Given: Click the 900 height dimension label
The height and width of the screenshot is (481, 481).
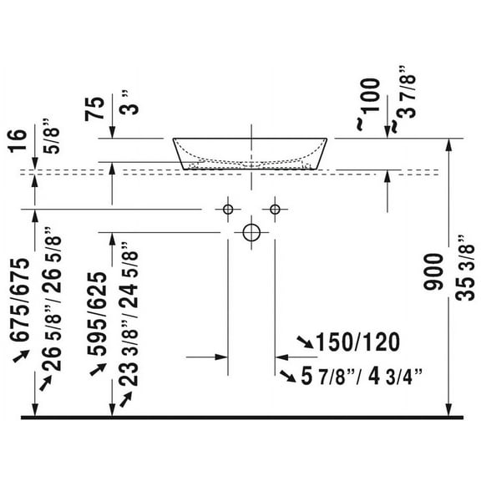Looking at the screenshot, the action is tap(433, 271).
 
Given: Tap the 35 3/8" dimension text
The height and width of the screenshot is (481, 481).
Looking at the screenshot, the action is tap(465, 268).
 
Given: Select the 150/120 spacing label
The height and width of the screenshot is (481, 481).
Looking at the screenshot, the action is tap(358, 342).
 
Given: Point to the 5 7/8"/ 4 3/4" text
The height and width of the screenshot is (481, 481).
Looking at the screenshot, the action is tap(362, 376).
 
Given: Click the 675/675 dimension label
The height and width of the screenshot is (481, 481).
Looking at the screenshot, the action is tap(20, 300).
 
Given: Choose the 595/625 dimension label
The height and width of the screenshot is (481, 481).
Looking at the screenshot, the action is tap(97, 314).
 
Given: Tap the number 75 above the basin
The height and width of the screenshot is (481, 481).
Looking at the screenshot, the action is tap(94, 109).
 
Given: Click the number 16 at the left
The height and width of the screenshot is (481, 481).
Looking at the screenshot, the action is tap(18, 141).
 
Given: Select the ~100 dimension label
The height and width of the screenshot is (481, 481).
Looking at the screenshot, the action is tap(369, 104).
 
